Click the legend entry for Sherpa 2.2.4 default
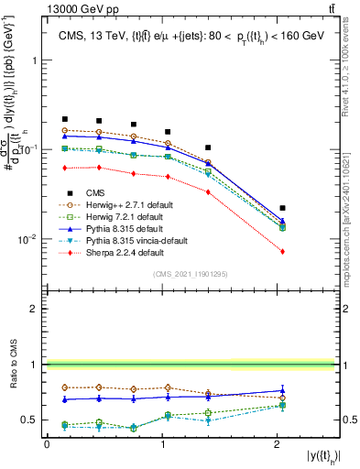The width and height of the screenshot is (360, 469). pyautogui.click(x=113, y=252)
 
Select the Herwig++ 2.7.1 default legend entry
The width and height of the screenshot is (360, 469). pyautogui.click(x=120, y=204)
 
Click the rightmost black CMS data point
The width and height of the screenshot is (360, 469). pyautogui.click(x=282, y=208)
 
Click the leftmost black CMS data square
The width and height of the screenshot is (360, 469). pyautogui.click(x=65, y=119)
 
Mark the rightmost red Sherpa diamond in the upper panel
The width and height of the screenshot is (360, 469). pyautogui.click(x=282, y=251)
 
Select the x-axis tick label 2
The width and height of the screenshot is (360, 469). pyautogui.click(x=278, y=444)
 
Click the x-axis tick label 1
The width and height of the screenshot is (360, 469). pyautogui.click(x=163, y=444)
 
